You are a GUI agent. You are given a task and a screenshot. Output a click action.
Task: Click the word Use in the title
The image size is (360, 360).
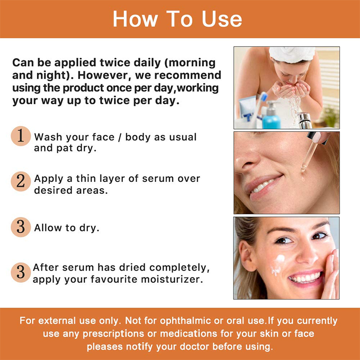[222, 19]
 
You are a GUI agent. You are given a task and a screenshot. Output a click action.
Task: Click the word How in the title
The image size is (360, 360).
[135, 19]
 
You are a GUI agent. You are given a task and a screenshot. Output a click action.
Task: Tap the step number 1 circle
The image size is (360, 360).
[21, 136]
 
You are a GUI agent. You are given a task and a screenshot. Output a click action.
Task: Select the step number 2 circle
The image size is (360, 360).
[21, 181]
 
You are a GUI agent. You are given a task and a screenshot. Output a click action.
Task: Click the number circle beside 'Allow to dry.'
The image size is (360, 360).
[21, 227]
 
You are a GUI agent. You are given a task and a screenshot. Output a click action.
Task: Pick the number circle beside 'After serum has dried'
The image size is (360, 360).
[21, 272]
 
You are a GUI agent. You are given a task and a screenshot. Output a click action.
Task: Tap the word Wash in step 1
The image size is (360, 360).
[48, 137]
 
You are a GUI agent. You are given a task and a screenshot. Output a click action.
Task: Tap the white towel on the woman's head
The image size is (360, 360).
[292, 54]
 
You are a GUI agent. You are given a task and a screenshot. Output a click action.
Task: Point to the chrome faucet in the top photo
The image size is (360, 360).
[304, 120]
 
